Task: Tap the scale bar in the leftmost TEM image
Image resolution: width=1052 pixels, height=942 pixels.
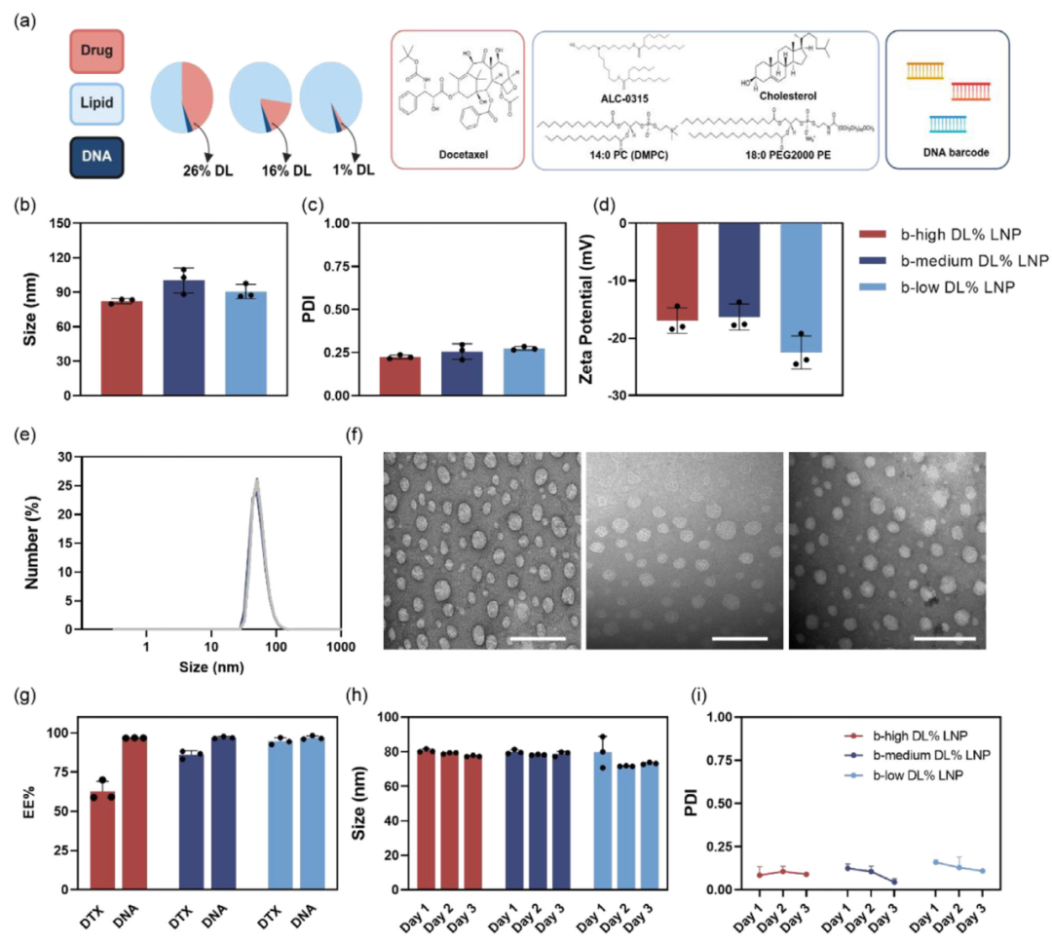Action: click(536, 638)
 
